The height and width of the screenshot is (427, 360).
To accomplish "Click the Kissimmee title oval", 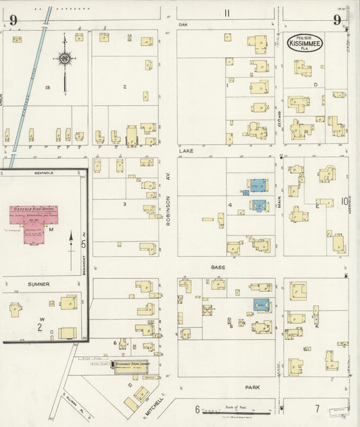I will point(306,43).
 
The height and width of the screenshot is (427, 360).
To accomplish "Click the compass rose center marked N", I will point(65,59).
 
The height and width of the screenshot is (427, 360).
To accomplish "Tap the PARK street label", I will point(253,388).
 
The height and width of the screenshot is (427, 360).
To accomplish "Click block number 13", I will point(47,88).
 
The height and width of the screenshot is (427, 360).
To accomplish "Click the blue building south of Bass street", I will point(262,305).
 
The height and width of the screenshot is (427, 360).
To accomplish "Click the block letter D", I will point(315,84).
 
